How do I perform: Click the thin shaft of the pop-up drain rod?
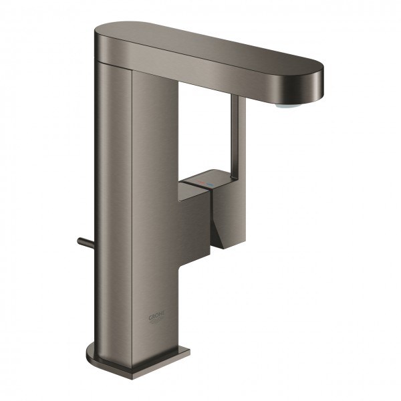[87, 239]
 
